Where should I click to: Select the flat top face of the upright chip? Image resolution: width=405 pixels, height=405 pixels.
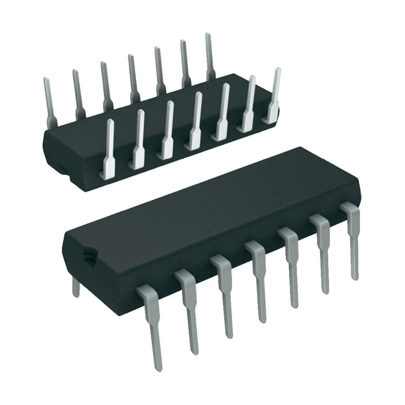point(211,211)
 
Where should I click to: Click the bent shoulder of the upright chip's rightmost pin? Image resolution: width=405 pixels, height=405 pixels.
point(350,209)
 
